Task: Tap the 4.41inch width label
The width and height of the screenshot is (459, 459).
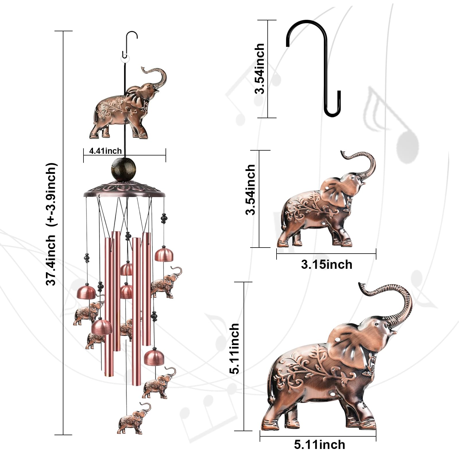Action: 105,151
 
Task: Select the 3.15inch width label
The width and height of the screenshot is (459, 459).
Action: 326,264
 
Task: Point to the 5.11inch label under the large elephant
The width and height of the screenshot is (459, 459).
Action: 319,445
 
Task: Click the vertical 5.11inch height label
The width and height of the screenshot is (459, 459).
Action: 234,349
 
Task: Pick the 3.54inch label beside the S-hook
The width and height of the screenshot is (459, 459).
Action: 259,69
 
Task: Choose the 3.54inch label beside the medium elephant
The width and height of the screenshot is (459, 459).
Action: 250,190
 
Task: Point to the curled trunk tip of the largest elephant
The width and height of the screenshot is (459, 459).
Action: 362,287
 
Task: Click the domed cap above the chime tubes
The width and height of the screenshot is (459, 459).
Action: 124,189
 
